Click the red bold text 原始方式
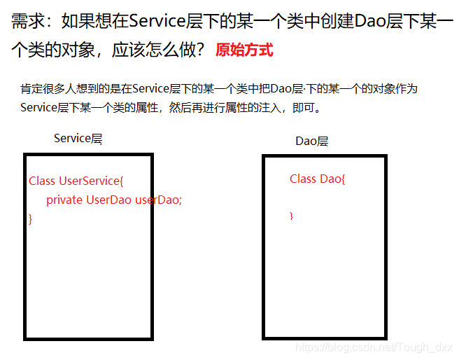click(x=244, y=50)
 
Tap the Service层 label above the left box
click(x=78, y=139)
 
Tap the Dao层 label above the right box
click(x=311, y=141)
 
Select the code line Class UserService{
click(x=76, y=181)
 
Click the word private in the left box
click(x=64, y=200)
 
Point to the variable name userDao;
click(x=158, y=200)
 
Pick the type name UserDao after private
click(x=108, y=200)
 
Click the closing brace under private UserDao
click(x=31, y=219)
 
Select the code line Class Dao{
click(x=318, y=179)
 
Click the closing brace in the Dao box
click(x=292, y=216)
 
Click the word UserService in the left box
click(x=90, y=181)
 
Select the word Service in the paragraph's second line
click(x=40, y=109)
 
